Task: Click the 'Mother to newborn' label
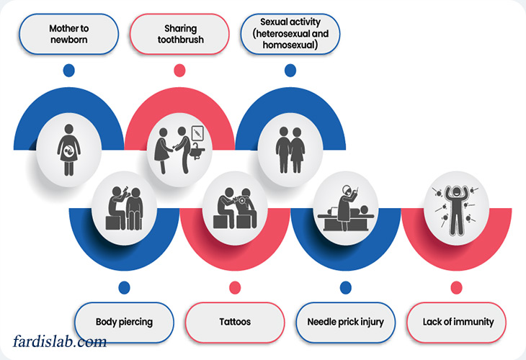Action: point(69,34)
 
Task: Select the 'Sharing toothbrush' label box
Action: point(179,34)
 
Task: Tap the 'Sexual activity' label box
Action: point(290,34)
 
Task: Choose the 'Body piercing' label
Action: point(124,321)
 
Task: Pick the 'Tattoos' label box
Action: point(235,321)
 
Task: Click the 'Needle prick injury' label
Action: point(346,321)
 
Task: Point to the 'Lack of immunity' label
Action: point(457,321)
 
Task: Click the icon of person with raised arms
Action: point(456,207)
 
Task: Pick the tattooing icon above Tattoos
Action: point(235,207)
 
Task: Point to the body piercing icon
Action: point(124,207)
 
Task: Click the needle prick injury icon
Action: point(346,207)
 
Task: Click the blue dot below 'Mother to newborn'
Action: point(69,70)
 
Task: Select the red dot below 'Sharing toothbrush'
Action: point(179,70)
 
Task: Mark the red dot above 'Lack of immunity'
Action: point(456,287)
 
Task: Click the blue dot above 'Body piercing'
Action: point(124,287)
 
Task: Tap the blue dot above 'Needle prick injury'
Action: point(346,287)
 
